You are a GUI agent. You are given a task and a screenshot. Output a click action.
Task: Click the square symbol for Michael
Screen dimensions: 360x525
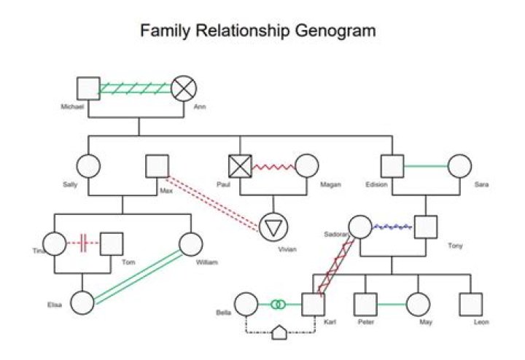(x=88, y=88)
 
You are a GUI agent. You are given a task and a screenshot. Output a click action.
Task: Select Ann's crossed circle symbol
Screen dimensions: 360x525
(x=184, y=88)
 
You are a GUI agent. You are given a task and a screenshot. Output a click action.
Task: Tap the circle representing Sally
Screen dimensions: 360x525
(x=88, y=166)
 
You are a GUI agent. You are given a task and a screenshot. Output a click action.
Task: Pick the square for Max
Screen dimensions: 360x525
(x=157, y=166)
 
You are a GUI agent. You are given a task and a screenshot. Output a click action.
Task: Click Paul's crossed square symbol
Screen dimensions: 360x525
(x=241, y=166)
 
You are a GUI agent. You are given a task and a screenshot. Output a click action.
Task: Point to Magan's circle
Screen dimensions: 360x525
(x=307, y=166)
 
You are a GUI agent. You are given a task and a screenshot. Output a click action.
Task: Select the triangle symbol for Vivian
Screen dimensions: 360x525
(x=273, y=227)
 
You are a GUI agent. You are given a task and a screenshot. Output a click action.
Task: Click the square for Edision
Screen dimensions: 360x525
(x=392, y=166)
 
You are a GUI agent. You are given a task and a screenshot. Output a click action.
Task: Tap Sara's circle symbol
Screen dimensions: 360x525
(x=459, y=166)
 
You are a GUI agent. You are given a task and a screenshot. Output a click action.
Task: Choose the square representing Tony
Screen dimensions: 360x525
(x=425, y=227)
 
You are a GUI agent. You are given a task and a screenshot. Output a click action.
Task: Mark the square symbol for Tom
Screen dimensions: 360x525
(x=112, y=243)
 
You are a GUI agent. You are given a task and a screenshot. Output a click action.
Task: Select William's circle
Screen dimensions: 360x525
(x=191, y=243)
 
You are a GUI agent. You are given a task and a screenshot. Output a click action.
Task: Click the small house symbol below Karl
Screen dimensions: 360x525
(x=280, y=333)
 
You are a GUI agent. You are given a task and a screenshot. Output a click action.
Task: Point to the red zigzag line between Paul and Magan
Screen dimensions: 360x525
(x=274, y=167)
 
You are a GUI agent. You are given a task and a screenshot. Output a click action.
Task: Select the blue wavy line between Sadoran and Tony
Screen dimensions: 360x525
(x=392, y=227)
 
